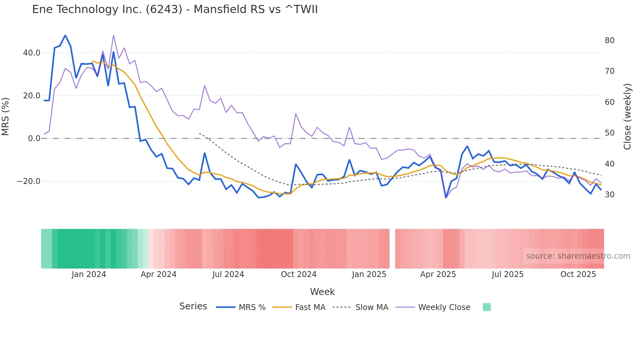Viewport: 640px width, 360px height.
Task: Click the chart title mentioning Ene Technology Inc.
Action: [175, 9]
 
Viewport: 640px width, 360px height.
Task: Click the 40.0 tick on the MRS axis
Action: [32, 53]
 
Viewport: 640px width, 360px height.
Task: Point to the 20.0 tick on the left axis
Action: [32, 95]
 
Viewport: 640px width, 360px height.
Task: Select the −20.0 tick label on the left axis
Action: [29, 181]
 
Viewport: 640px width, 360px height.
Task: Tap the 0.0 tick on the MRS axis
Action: [34, 138]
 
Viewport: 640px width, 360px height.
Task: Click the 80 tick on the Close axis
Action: [609, 40]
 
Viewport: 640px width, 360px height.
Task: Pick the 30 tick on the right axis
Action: [609, 194]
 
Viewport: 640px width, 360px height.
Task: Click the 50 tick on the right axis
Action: [609, 133]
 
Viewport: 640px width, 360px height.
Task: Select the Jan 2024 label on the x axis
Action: [89, 274]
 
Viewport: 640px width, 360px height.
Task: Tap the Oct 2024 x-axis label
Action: [298, 274]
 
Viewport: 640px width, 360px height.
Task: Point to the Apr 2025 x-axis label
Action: [438, 274]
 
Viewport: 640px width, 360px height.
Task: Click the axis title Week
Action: [322, 291]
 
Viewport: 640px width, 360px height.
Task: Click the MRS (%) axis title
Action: [6, 116]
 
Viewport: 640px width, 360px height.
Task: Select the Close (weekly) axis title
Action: [627, 116]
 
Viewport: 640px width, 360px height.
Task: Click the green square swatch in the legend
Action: [487, 307]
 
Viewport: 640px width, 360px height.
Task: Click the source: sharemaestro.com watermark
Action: [578, 256]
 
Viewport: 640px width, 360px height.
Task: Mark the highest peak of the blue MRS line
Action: [65, 35]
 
